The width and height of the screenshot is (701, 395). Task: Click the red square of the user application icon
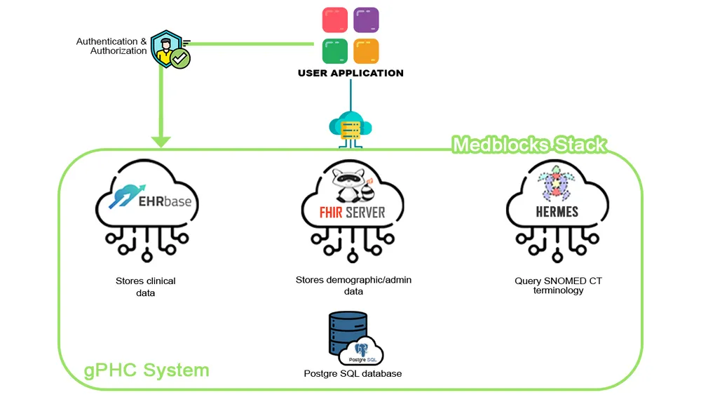pyautogui.click(x=335, y=20)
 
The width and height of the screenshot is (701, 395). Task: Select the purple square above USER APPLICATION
pyautogui.click(x=366, y=20)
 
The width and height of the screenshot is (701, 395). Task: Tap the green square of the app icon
pyautogui.click(x=335, y=51)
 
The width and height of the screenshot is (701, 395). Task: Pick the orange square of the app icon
pyautogui.click(x=366, y=51)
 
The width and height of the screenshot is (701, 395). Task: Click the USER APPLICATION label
pyautogui.click(x=350, y=73)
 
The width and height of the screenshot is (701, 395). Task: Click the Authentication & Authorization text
pyautogui.click(x=112, y=46)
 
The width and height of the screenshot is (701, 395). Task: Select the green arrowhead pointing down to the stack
pyautogui.click(x=161, y=140)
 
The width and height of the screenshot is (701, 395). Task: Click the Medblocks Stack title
pyautogui.click(x=529, y=145)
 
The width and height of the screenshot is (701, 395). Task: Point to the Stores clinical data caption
pyautogui.click(x=145, y=286)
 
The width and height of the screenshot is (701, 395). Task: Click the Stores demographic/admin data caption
pyautogui.click(x=353, y=285)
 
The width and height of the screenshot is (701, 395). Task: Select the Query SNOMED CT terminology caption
pyautogui.click(x=558, y=286)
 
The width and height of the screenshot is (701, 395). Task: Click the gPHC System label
pyautogui.click(x=146, y=370)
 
